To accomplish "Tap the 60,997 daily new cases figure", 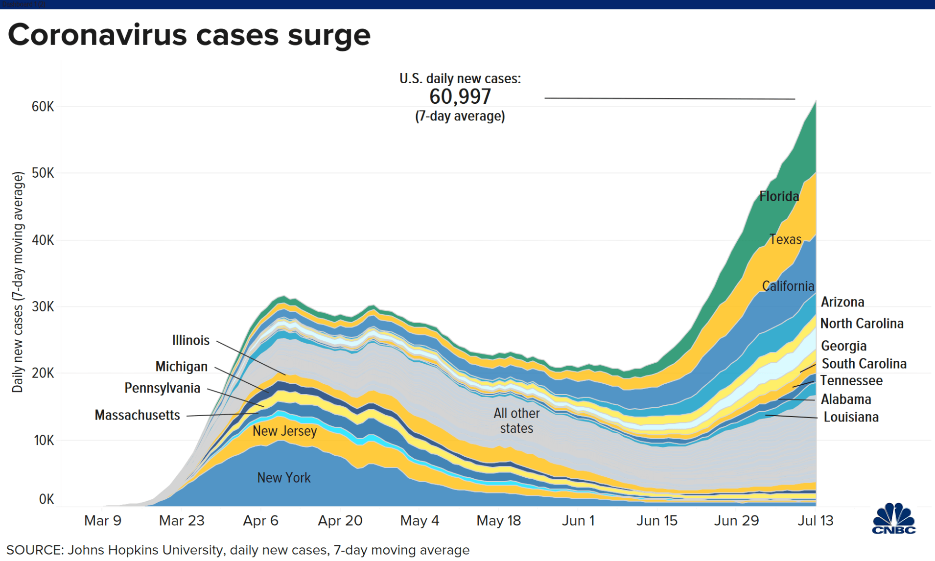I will pyautogui.click(x=460, y=97).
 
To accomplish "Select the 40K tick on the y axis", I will pyautogui.click(x=43, y=240).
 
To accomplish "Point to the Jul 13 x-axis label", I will pyautogui.click(x=815, y=520).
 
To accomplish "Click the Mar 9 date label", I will pyautogui.click(x=103, y=520).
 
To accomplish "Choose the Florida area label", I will pyautogui.click(x=779, y=197).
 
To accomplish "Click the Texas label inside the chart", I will pyautogui.click(x=785, y=239).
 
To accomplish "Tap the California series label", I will pyautogui.click(x=788, y=286).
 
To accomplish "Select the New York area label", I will pyautogui.click(x=284, y=477).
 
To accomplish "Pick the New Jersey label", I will pyautogui.click(x=284, y=431).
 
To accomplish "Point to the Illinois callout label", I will pyautogui.click(x=191, y=340).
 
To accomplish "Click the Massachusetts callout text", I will pyautogui.click(x=138, y=415).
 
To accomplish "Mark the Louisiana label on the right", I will pyautogui.click(x=851, y=417).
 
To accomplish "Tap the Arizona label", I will pyautogui.click(x=842, y=302).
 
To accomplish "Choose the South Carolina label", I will pyautogui.click(x=864, y=364).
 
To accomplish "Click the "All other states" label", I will pyautogui.click(x=516, y=421).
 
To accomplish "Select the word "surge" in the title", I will pyautogui.click(x=329, y=35).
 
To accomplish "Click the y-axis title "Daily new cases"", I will pyautogui.click(x=18, y=282).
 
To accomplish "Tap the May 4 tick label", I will pyautogui.click(x=420, y=520).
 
